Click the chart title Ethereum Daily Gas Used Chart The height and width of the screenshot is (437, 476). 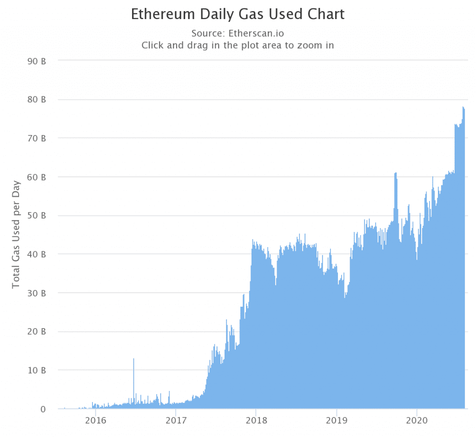coord(238,14)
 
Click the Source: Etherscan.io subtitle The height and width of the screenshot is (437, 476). coord(238,34)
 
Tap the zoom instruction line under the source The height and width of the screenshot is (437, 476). coord(238,46)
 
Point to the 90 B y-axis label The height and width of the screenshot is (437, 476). coord(36,61)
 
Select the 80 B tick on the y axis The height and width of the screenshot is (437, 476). coord(36,100)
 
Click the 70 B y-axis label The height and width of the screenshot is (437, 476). coord(36,138)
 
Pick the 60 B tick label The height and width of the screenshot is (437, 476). coord(36,177)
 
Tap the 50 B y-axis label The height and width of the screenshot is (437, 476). coord(36,215)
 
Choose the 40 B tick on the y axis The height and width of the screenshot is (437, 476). coord(36,255)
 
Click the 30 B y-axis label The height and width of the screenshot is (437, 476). coord(36,293)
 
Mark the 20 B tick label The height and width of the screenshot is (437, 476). coord(36,332)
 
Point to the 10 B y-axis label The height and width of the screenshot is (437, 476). coord(36,370)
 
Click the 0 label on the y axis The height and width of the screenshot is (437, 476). coord(43,409)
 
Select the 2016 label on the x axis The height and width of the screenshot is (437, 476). coord(95,421)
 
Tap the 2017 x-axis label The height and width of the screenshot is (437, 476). coord(176,421)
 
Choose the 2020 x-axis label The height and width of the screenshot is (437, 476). coord(417,421)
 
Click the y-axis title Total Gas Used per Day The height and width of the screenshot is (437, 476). coord(16,234)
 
